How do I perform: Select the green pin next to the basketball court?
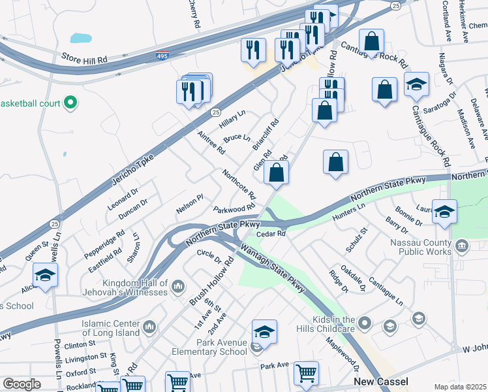[72, 103]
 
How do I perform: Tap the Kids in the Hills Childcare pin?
[365, 322]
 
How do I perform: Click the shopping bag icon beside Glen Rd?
[276, 174]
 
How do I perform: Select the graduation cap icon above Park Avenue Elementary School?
[264, 333]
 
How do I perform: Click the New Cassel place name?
[381, 381]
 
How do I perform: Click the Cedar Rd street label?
[271, 233]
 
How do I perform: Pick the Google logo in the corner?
[22, 385]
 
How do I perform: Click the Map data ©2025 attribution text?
[460, 387]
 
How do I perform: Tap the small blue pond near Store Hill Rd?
[81, 39]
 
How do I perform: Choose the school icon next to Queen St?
[45, 277]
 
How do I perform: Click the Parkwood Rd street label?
[234, 209]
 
